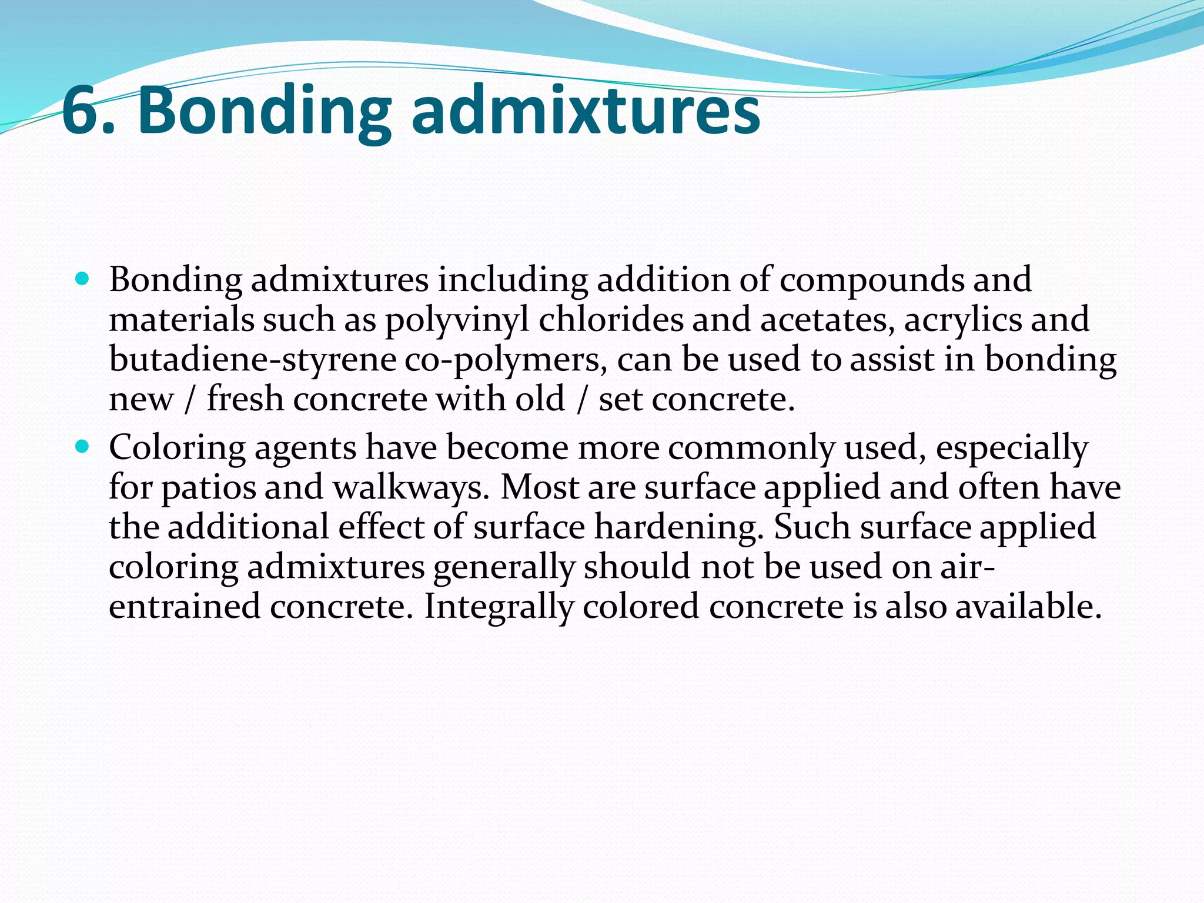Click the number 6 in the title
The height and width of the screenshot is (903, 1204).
[82, 111]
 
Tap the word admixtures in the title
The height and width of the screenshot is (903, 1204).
[585, 111]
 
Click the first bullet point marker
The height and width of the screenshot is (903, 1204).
[82, 278]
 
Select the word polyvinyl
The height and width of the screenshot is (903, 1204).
[457, 320]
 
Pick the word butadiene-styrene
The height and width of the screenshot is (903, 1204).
[253, 359]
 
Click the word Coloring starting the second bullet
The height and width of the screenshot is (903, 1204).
[177, 448]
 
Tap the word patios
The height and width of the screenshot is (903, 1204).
[209, 487]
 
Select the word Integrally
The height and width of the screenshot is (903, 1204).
[498, 607]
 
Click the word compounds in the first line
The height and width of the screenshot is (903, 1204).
[872, 280]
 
